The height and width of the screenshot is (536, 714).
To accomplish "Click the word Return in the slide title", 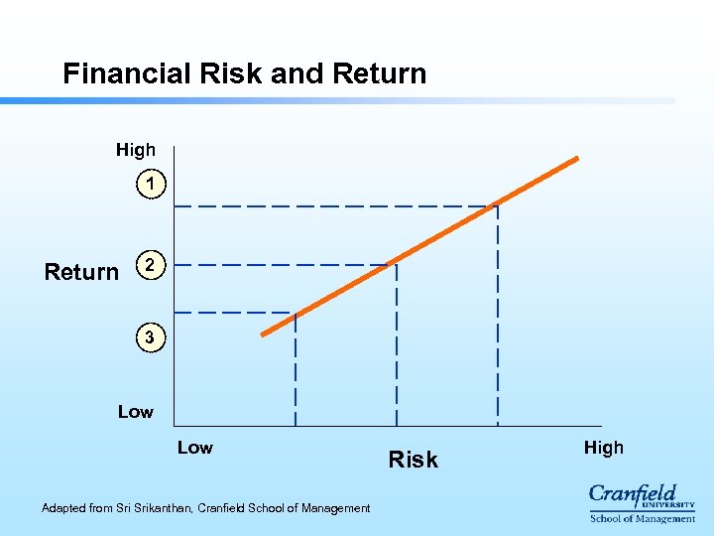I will pyautogui.click(x=380, y=73).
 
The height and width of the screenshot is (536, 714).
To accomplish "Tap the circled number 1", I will pyautogui.click(x=149, y=184).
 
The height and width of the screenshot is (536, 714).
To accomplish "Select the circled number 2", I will pyautogui.click(x=149, y=265).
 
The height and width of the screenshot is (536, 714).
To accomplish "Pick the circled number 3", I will pyautogui.click(x=149, y=338).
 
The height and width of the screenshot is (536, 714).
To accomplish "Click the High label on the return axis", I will pyautogui.click(x=136, y=150).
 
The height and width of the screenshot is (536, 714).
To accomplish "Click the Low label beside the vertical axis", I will pyautogui.click(x=136, y=411).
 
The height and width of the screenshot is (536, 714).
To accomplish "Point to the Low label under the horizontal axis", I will pyautogui.click(x=195, y=448).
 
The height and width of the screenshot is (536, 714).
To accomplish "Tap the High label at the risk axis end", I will pyautogui.click(x=603, y=448).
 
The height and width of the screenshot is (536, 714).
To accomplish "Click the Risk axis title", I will pyautogui.click(x=414, y=460).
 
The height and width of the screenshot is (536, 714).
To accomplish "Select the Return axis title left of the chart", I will pyautogui.click(x=81, y=272).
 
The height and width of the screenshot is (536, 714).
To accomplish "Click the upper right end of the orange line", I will pyautogui.click(x=577, y=158).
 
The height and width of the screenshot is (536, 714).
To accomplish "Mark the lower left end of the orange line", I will pyautogui.click(x=263, y=335).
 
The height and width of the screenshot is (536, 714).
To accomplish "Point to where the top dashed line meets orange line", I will pyautogui.click(x=497, y=205).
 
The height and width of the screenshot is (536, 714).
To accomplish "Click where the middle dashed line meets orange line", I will pyautogui.click(x=396, y=264).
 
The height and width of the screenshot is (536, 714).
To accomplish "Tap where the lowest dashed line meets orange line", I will pyautogui.click(x=296, y=314).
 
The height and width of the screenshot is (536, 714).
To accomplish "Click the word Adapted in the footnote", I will pyautogui.click(x=63, y=508).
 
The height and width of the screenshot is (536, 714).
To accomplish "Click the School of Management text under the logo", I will pyautogui.click(x=642, y=518).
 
